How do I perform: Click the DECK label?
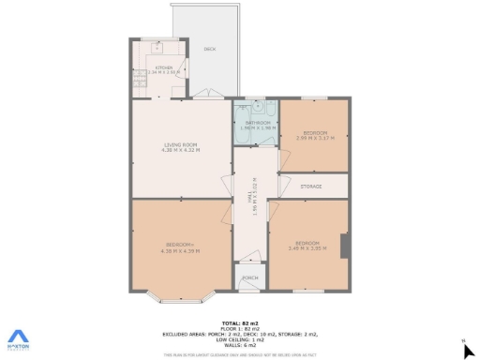[209, 50]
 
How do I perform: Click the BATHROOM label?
[258, 122]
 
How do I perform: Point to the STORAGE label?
[311, 187]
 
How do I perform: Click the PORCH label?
[250, 278]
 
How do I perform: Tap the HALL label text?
[250, 198]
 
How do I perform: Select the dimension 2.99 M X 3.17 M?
[314, 138]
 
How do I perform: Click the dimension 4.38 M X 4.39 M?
[180, 250]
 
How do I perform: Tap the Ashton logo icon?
[19, 337]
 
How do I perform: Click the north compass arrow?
[469, 350]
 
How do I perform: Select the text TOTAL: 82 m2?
[240, 322]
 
